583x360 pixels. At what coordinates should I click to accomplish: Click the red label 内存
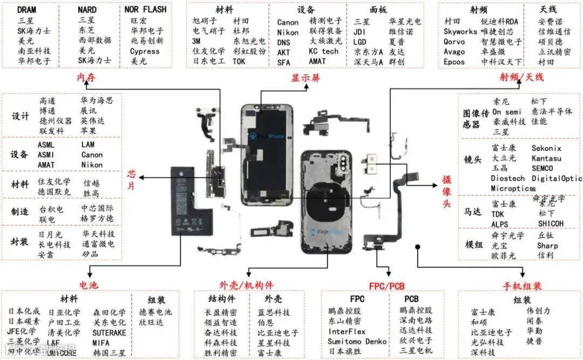click(x=86, y=78)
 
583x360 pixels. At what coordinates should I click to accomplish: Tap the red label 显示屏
click(x=306, y=78)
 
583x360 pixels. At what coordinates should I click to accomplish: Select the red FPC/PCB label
click(x=387, y=286)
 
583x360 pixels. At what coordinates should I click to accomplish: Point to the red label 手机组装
click(x=522, y=286)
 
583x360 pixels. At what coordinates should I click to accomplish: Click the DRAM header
click(x=27, y=10)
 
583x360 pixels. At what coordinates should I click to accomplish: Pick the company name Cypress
click(x=145, y=51)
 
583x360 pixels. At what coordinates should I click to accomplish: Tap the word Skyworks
click(x=460, y=31)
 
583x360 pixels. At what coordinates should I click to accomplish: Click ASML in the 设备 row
click(x=46, y=145)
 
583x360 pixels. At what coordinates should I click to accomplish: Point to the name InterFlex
click(x=347, y=331)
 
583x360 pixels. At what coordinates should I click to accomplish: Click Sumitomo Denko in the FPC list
click(x=357, y=341)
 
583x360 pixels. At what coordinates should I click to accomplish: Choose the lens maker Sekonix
click(x=546, y=148)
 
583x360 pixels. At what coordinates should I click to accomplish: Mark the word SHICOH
click(x=551, y=223)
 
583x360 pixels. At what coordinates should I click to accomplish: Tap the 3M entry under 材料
click(x=197, y=41)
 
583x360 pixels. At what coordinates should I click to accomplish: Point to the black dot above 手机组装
click(x=418, y=246)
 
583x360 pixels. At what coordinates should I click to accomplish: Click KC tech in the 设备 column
click(x=323, y=51)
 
